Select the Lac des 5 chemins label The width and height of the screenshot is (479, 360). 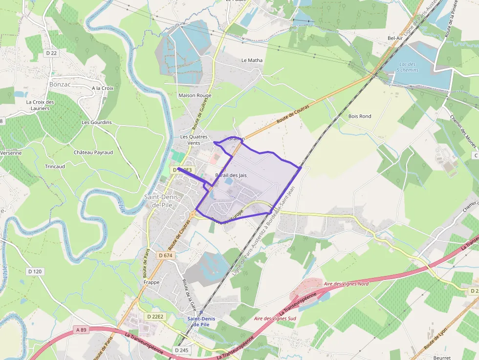407,67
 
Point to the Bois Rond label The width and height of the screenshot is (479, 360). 360,116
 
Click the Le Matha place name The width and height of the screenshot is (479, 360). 252,61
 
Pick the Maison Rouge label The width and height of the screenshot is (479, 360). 195,95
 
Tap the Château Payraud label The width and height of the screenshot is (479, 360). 93,152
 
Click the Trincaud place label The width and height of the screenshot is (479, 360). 55,167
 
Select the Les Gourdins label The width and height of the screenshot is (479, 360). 97,123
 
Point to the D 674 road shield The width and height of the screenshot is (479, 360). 166,255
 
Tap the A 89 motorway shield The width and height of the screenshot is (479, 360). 81,330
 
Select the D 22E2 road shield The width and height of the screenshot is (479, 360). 155,317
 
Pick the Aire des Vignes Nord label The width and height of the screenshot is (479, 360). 346,284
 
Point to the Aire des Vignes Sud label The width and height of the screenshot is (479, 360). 275,318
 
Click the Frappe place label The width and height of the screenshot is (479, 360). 152,282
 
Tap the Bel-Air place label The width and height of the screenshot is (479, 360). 395,38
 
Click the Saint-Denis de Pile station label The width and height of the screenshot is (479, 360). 201,321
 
